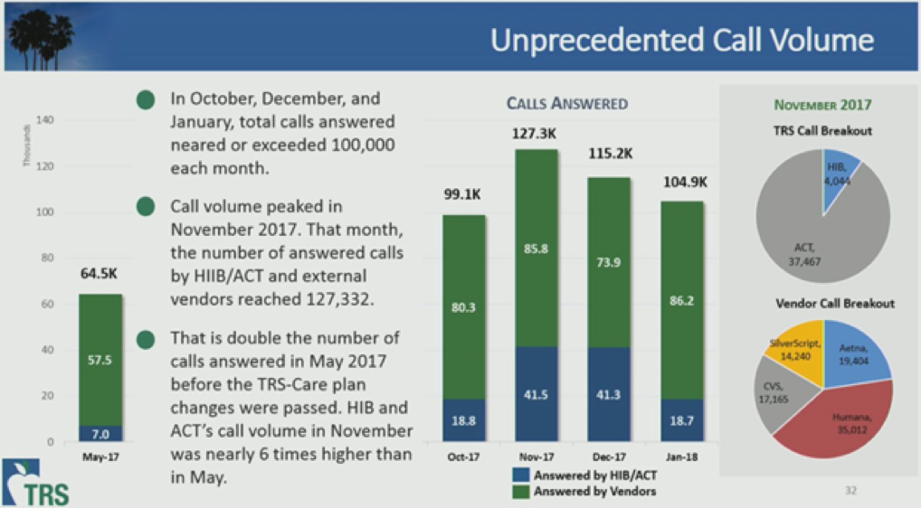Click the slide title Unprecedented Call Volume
tap(682, 40)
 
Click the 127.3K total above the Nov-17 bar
tap(537, 134)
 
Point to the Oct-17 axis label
tap(463, 457)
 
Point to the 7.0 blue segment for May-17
tap(100, 434)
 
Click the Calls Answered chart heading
tap(566, 104)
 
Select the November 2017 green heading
tap(822, 105)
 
